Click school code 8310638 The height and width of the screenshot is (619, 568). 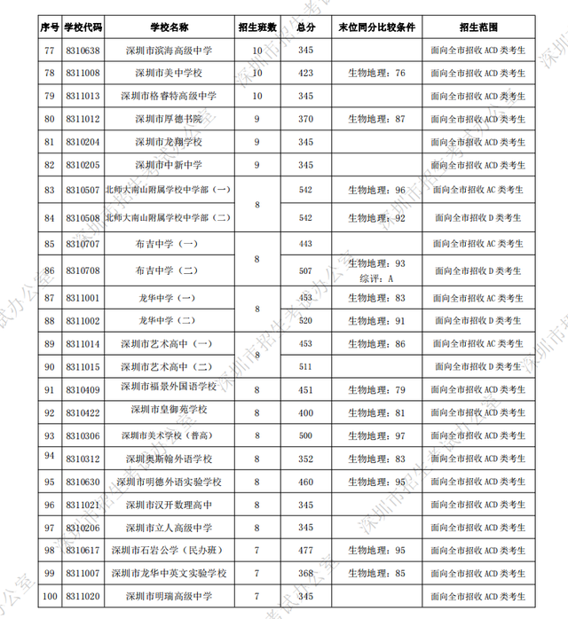pyautogui.click(x=83, y=51)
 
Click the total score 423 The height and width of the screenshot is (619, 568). pyautogui.click(x=306, y=73)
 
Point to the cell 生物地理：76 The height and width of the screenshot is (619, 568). pyautogui.click(x=377, y=73)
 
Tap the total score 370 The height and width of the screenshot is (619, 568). pyautogui.click(x=306, y=118)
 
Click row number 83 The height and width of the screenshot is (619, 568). pyautogui.click(x=49, y=190)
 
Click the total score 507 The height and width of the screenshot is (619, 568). pyautogui.click(x=306, y=270)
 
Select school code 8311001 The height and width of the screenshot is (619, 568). pyautogui.click(x=83, y=298)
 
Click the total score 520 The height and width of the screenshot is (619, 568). pyautogui.click(x=306, y=320)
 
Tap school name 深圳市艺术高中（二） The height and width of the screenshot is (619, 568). pyautogui.click(x=168, y=366)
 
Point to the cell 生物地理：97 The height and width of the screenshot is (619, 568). pyautogui.click(x=377, y=435)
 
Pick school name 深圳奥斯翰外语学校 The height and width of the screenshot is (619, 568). pyautogui.click(x=168, y=458)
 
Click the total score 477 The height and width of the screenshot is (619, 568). pyautogui.click(x=306, y=551)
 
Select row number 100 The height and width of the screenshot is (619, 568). pyautogui.click(x=49, y=597)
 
